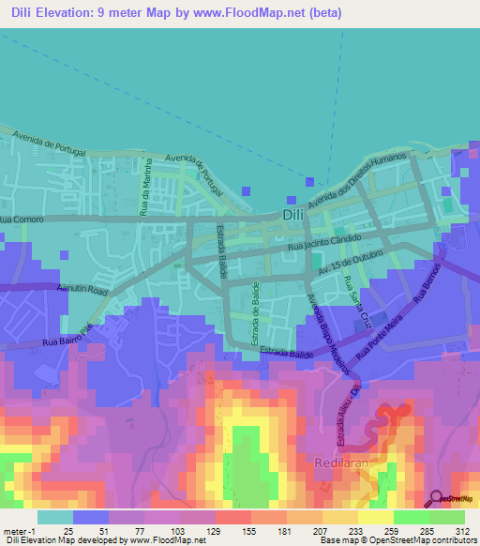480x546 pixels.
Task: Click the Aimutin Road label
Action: [x=84, y=290]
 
